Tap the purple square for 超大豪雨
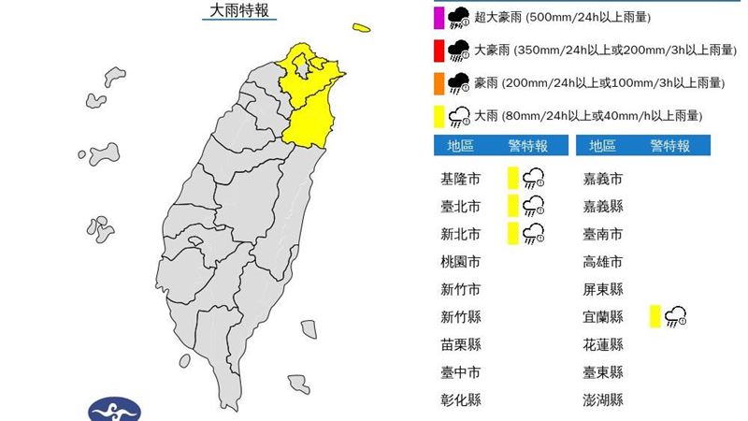[x=438, y=16]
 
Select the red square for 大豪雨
[x=438, y=50]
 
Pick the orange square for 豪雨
[x=438, y=83]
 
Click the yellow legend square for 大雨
[x=438, y=116]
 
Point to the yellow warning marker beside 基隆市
[x=512, y=178]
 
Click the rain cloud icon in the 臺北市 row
[x=534, y=206]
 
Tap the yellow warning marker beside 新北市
[x=512, y=234]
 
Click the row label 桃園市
[x=460, y=262]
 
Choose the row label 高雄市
[x=602, y=262]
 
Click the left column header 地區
[x=460, y=146]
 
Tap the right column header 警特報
[x=670, y=146]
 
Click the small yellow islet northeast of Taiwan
[x=361, y=27]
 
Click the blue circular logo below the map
[x=114, y=409]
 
